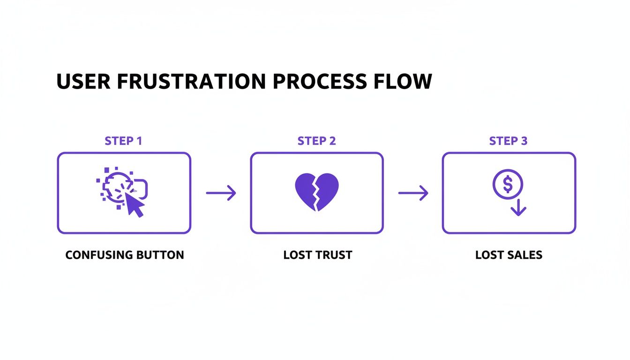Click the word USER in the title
point(83,82)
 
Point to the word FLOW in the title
point(403,82)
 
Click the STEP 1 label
point(123,141)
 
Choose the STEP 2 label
point(316,141)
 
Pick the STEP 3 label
point(509,141)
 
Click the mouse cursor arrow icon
point(135,205)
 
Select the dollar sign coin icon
point(508,184)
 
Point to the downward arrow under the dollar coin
point(518,208)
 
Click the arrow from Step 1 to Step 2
point(221,193)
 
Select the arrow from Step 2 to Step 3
point(413,193)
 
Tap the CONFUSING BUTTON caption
point(124,255)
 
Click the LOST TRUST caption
point(317,255)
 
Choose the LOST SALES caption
point(509,255)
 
